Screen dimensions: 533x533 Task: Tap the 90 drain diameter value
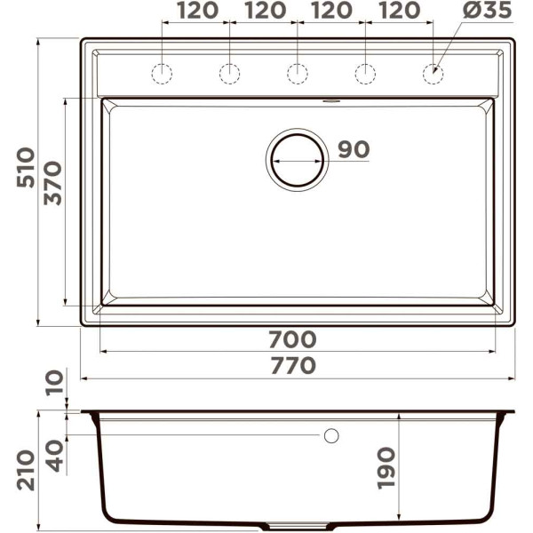[x=353, y=150]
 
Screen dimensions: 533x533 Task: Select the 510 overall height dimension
[x=27, y=166]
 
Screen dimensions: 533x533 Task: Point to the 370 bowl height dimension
[x=53, y=183]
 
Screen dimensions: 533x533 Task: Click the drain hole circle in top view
[x=298, y=160]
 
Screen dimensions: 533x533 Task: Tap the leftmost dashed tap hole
[x=162, y=74]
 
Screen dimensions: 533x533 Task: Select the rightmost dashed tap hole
[x=433, y=74]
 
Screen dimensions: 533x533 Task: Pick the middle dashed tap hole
[x=298, y=74]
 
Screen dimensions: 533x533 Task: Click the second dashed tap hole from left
[x=229, y=74]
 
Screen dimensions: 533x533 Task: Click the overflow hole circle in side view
[x=331, y=435]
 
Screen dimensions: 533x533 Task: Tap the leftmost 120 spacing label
[x=196, y=11]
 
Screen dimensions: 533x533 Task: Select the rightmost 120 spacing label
[x=399, y=11]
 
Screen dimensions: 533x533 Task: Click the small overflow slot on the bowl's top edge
[x=331, y=101]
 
